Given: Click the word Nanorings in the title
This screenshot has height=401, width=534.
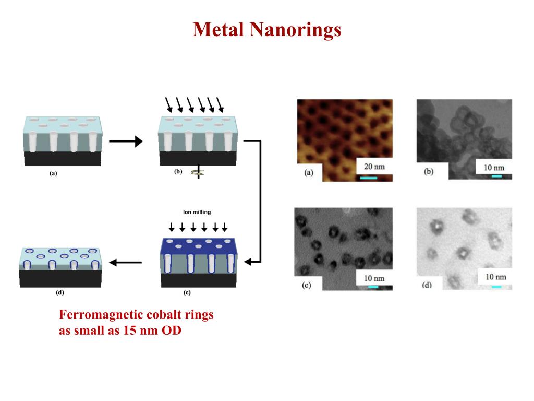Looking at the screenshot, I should click(x=295, y=30).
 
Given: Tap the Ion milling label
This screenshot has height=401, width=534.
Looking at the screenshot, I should click(x=198, y=212).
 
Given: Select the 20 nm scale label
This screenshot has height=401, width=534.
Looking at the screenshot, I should click(x=374, y=167).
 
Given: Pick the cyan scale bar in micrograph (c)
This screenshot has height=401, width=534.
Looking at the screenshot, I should click(x=373, y=286).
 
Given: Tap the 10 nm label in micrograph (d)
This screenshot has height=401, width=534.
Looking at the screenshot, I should click(x=495, y=277).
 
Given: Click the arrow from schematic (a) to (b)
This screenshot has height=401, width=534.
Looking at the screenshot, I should click(x=126, y=141).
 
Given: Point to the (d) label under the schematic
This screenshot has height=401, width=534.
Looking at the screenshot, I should click(x=60, y=293).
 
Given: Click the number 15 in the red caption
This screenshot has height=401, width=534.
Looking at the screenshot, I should click(x=130, y=331).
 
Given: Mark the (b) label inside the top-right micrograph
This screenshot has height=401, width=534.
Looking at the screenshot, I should click(x=429, y=171).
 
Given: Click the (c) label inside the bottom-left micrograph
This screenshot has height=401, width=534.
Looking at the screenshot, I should click(x=307, y=285).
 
